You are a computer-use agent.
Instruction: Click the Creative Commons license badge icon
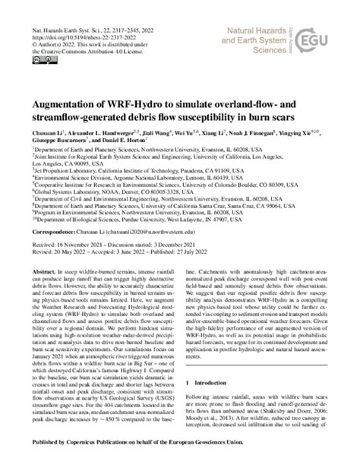pos(27,40)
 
